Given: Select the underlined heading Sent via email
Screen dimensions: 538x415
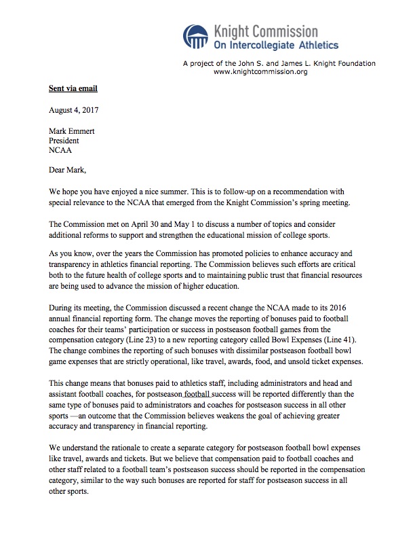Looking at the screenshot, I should click(x=59, y=89).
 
